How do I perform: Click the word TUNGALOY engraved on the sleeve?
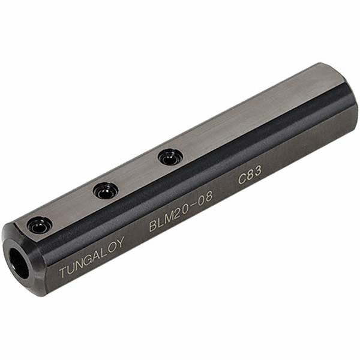(x=92, y=257)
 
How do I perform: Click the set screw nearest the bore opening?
(x=40, y=226)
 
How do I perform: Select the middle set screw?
(x=106, y=191)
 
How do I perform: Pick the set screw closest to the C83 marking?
(x=170, y=157)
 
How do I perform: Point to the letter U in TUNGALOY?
(x=71, y=268)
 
